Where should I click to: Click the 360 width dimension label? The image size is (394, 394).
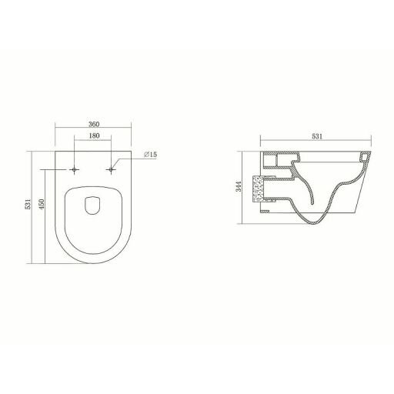point(94,124)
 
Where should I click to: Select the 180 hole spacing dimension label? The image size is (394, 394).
point(94,135)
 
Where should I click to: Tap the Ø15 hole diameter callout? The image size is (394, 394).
point(150,155)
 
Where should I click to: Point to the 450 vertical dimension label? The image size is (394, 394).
point(42,204)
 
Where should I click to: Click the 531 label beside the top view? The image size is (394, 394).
point(28,204)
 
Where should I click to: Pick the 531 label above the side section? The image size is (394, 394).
point(317,136)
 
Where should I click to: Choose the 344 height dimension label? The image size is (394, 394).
point(239,186)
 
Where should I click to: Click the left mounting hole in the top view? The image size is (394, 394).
point(75,169)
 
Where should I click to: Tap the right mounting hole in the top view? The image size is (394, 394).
point(111,169)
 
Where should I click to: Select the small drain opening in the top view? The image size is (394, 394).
point(92,205)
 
